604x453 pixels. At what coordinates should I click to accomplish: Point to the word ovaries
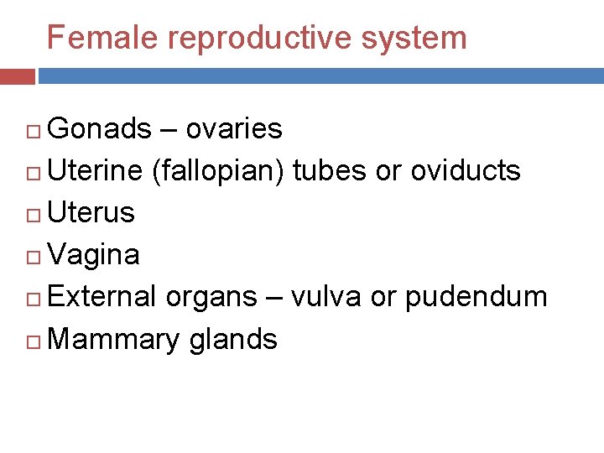tap(233, 128)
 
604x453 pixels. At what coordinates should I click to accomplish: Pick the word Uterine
tap(96, 170)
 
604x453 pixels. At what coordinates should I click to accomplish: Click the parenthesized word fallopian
tap(221, 170)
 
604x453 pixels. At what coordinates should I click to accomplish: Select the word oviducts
tap(466, 170)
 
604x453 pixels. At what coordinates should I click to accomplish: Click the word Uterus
tap(91, 212)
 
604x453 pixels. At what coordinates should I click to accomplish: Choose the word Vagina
tap(94, 254)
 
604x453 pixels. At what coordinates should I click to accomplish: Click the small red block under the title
tap(17, 76)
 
